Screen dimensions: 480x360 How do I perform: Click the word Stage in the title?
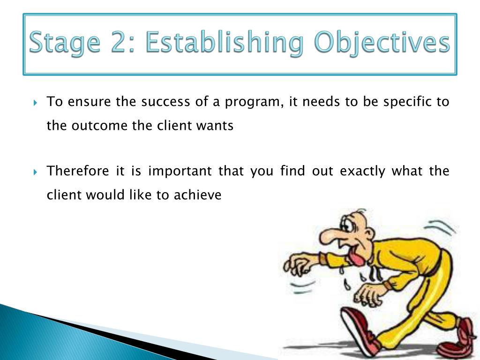coord(65,42)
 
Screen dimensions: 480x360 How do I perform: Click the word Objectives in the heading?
coord(382,42)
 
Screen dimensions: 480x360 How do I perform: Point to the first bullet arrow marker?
coord(35,103)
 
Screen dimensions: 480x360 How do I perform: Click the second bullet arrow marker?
coord(35,172)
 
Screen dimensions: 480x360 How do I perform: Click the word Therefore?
coord(78,171)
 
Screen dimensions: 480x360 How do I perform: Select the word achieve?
coord(197,195)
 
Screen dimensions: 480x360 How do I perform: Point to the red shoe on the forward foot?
coord(360,330)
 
